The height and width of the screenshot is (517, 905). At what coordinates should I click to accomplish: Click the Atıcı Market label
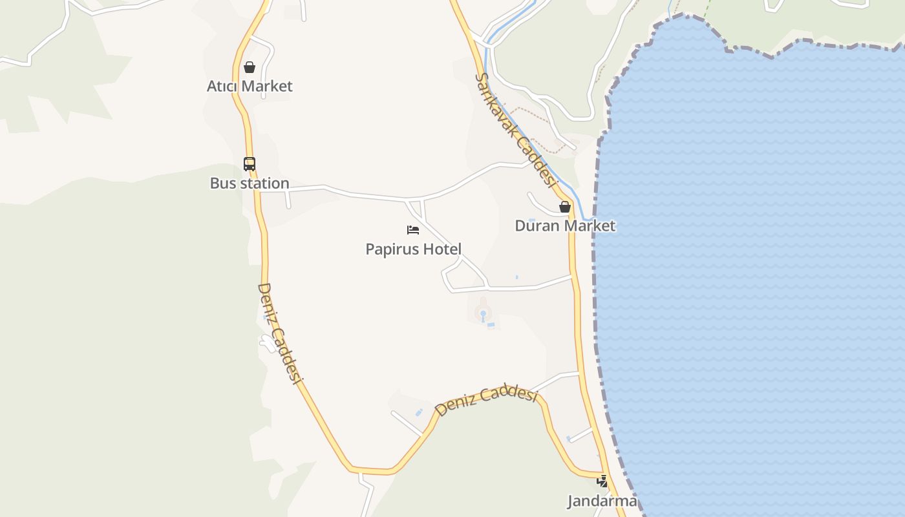pyautogui.click(x=250, y=86)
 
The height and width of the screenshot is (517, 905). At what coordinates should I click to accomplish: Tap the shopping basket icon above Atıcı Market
pyautogui.click(x=250, y=67)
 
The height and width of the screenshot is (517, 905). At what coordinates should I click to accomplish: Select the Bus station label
pyautogui.click(x=250, y=183)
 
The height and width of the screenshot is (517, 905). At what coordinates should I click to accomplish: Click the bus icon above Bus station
pyautogui.click(x=250, y=164)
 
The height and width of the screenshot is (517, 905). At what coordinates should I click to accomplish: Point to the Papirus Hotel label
pyautogui.click(x=413, y=249)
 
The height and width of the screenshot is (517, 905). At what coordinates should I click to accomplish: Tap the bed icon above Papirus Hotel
pyautogui.click(x=413, y=229)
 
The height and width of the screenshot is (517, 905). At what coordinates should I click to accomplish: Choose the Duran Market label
pyautogui.click(x=565, y=226)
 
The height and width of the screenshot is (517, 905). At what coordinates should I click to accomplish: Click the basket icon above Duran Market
pyautogui.click(x=565, y=207)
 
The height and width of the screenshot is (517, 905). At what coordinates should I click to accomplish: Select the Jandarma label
pyautogui.click(x=602, y=501)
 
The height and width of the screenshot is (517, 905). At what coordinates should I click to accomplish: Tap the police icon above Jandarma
pyautogui.click(x=602, y=481)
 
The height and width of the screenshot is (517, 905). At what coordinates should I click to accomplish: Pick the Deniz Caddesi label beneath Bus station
pyautogui.click(x=281, y=333)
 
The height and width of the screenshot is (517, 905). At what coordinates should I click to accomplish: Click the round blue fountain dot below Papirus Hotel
pyautogui.click(x=482, y=314)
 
